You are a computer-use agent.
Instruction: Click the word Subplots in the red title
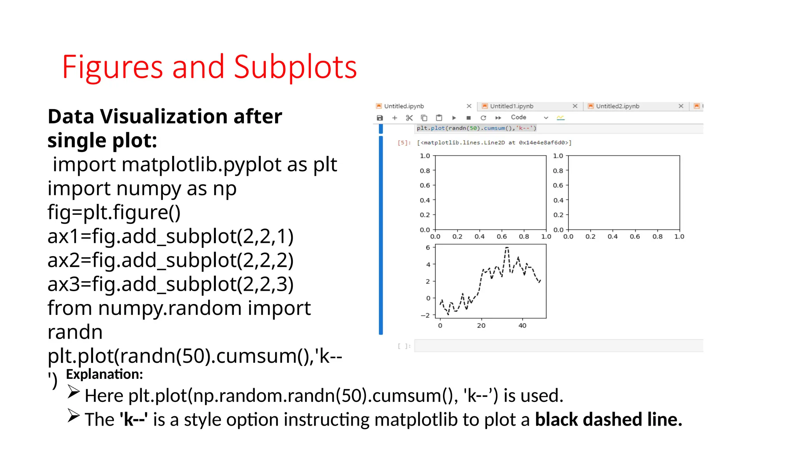point(295,67)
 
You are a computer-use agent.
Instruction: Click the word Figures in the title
point(112,67)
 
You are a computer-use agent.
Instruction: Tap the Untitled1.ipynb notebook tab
point(512,106)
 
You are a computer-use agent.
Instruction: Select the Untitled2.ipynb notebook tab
point(618,106)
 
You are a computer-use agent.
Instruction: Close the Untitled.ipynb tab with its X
point(469,106)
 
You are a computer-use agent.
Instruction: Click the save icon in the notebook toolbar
point(380,118)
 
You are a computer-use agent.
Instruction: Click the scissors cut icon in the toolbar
point(409,118)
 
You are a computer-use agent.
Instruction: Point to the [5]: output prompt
point(404,143)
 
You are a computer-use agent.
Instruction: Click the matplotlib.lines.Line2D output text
point(494,143)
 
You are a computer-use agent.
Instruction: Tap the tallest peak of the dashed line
point(507,247)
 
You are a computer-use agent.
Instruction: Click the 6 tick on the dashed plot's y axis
point(428,247)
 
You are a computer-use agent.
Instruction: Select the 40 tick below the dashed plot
point(522,325)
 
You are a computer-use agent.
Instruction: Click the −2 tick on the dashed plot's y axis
point(425,315)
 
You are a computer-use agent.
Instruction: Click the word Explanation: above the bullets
point(104,374)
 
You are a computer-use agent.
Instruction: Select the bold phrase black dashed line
point(608,419)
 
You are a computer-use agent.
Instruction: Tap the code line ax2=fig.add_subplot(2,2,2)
point(170,260)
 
